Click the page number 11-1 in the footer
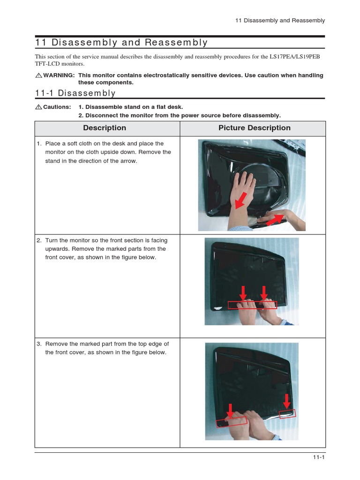319,458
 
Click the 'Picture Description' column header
254,128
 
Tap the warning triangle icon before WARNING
38,75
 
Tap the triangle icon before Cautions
38,107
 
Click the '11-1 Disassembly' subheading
75,93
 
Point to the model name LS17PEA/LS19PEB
297,57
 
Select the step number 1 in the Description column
38,144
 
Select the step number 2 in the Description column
38,240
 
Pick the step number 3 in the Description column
38,344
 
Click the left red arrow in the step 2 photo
243,294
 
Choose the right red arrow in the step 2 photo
264,294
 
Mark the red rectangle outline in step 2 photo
252,305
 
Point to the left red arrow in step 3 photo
230,410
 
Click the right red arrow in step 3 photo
287,401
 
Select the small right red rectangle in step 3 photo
287,413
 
